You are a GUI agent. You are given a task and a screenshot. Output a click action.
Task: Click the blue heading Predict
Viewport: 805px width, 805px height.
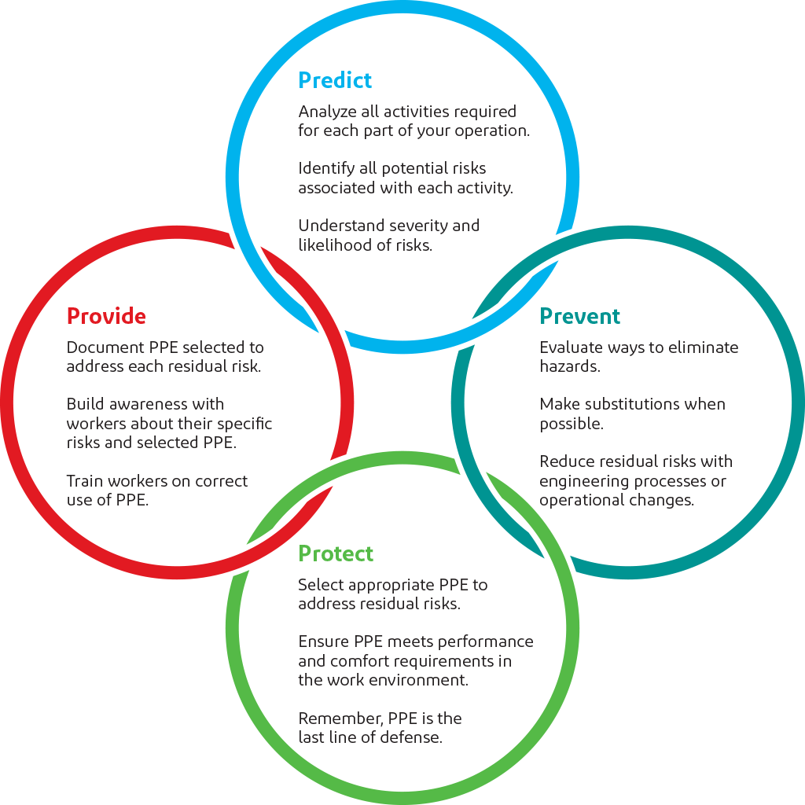tap(335, 80)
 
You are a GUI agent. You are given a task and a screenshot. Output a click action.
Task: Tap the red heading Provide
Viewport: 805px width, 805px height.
tap(106, 316)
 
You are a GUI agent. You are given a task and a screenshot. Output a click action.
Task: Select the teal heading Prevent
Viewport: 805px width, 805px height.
tap(580, 316)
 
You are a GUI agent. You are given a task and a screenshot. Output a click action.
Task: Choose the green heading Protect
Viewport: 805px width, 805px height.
tap(336, 553)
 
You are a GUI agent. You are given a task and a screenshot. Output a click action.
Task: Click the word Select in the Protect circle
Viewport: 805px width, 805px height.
tap(321, 585)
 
